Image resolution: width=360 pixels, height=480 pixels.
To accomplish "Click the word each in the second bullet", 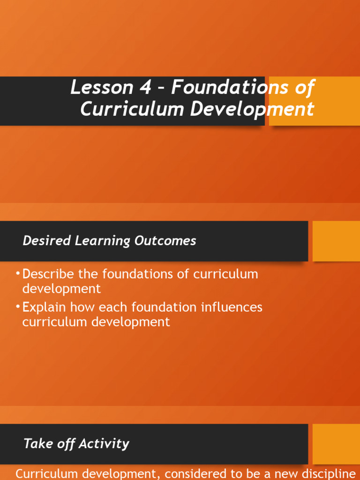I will (112, 307).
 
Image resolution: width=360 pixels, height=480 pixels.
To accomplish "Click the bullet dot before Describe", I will (18, 274).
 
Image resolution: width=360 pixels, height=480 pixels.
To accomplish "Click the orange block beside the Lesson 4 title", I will (314, 101).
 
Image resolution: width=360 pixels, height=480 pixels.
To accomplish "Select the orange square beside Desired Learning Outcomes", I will (336, 241).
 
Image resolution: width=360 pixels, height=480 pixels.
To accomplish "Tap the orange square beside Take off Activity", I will (336, 444).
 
